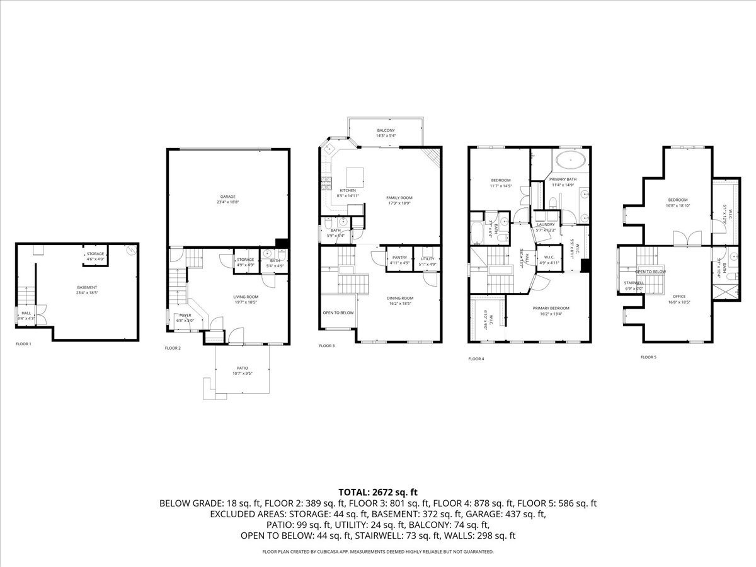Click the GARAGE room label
[227, 197]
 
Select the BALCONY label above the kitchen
[386, 130]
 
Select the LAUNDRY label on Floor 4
[546, 224]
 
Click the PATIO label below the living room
[243, 368]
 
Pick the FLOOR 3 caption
[326, 346]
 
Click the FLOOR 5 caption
[648, 357]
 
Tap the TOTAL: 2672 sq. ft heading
[378, 491]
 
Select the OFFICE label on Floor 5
[679, 296]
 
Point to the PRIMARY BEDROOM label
[551, 308]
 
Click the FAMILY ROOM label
[403, 197]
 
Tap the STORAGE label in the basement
[95, 254]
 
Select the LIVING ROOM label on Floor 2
[246, 297]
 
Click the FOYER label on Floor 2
[185, 315]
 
